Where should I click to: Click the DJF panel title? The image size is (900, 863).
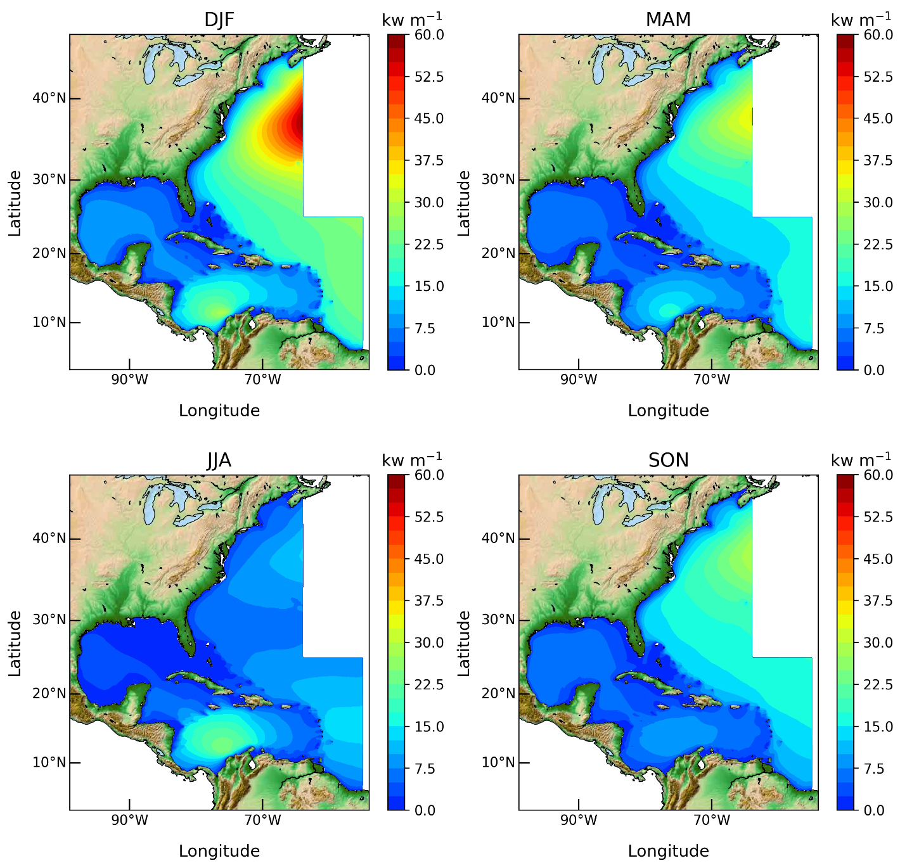[219, 20]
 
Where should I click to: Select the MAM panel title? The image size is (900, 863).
[668, 20]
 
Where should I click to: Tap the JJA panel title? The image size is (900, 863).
[219, 460]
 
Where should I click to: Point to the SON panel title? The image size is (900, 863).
[668, 460]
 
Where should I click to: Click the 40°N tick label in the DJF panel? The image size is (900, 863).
[49, 98]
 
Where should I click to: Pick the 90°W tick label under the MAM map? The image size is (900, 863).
[579, 380]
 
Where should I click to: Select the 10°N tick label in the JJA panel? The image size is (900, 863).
[49, 762]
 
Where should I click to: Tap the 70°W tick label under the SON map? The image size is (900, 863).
[712, 821]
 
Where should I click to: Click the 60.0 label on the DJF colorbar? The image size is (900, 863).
[430, 35]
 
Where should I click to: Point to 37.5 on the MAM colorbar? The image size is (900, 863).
[878, 160]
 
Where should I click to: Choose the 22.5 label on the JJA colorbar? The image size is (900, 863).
[430, 685]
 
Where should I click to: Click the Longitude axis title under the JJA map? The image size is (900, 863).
[219, 850]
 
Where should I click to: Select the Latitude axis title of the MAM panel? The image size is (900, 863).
[464, 203]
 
